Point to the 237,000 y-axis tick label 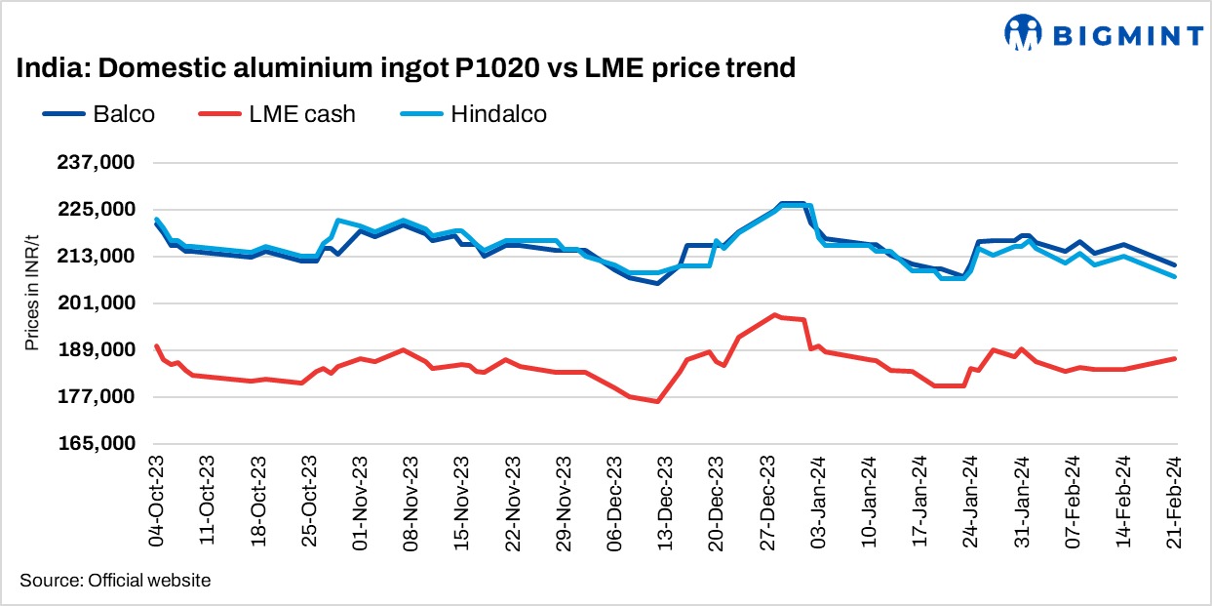(x=96, y=163)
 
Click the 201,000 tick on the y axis (x=96, y=303)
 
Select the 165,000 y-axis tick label (x=96, y=444)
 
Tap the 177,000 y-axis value (x=96, y=397)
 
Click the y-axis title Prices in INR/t (x=33, y=303)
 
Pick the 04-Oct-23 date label (x=157, y=501)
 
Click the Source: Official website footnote (x=115, y=581)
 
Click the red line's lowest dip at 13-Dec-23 (x=658, y=401)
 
